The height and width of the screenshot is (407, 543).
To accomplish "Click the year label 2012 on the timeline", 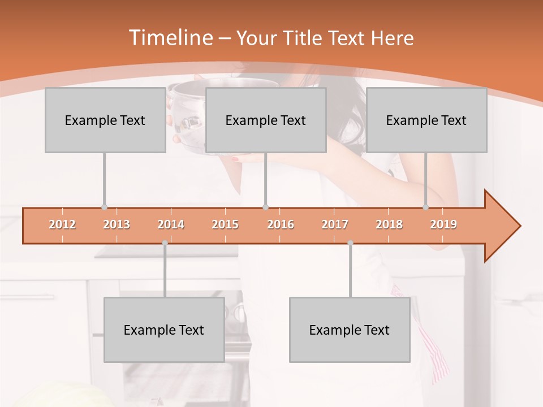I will point(62,224).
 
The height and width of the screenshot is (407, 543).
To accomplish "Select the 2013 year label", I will point(117,224).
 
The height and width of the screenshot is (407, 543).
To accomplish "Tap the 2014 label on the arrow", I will point(171,224).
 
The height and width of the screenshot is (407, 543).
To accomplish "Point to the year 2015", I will point(225,224).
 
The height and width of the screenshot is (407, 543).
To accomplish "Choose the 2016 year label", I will point(281,224).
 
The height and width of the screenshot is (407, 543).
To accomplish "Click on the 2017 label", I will point(335,224).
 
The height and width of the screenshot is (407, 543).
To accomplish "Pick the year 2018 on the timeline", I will point(389,224).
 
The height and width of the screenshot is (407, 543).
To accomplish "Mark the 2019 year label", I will point(443,224).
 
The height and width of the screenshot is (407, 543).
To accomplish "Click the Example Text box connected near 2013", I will point(105,120).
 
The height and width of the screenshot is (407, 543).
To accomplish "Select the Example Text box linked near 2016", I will point(266,120).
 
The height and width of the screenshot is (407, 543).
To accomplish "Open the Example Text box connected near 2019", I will point(426,120).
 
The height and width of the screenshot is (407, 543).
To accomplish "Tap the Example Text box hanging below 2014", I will point(164,330).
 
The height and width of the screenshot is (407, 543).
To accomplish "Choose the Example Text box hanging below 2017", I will point(350,330).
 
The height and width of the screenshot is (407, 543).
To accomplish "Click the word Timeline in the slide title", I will point(170,38).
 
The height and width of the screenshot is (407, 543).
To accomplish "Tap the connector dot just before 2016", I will point(266,207).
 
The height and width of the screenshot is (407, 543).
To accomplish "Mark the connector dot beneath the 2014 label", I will point(165,243).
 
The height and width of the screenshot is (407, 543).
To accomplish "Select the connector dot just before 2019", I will point(426,207).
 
